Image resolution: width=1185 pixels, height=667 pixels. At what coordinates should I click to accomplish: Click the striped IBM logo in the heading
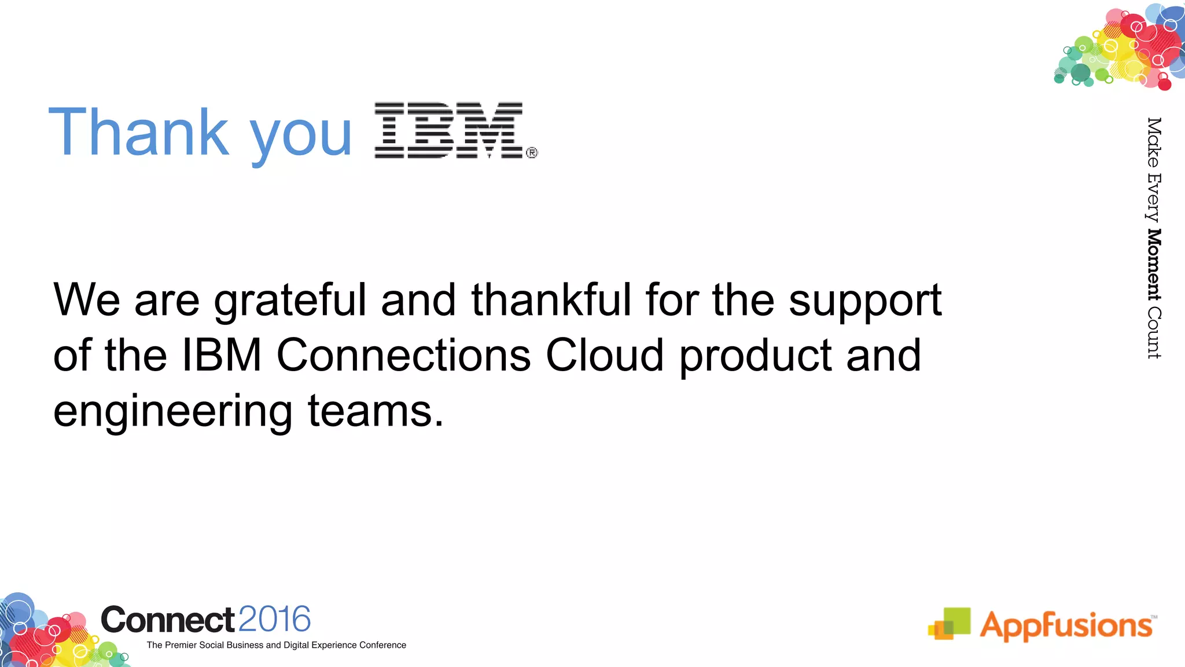click(448, 130)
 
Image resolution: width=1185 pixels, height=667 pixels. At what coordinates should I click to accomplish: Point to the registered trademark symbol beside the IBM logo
click(532, 153)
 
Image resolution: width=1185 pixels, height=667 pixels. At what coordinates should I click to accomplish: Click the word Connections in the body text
click(404, 354)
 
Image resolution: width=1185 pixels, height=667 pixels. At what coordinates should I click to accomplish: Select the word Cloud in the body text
click(605, 354)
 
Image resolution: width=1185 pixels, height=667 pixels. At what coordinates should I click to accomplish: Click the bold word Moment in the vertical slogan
click(1154, 265)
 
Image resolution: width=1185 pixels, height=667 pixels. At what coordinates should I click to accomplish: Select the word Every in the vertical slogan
click(1154, 197)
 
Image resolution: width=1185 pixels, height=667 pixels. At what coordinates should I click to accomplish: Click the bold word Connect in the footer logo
click(168, 620)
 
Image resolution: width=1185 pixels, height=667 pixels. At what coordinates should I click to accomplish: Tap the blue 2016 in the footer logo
click(274, 619)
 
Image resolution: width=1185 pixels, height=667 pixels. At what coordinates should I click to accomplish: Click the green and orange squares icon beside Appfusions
click(950, 624)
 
